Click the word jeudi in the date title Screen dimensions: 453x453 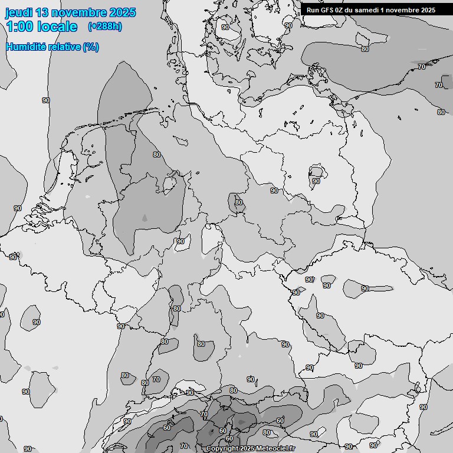(x=20, y=12)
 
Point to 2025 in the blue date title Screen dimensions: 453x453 (x=122, y=12)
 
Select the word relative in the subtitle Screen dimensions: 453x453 (x=64, y=47)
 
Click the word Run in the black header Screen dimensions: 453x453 (x=313, y=9)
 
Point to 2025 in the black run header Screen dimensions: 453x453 (x=428, y=9)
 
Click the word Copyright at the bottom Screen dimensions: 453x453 (x=222, y=449)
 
